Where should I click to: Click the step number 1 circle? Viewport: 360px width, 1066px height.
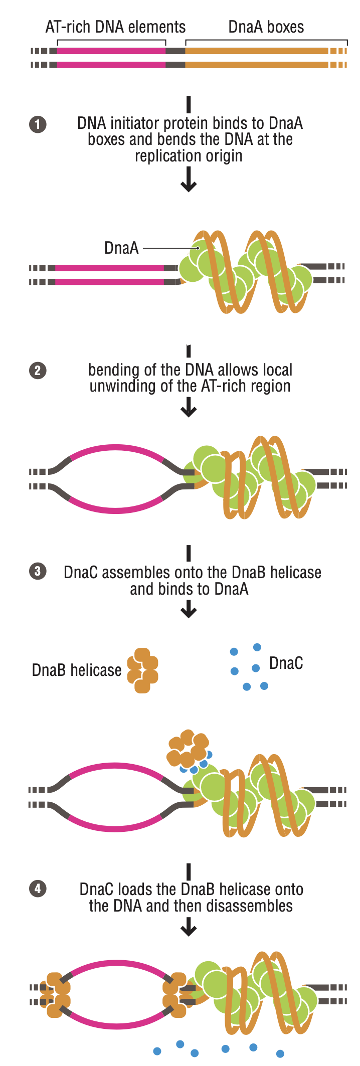coord(38,124)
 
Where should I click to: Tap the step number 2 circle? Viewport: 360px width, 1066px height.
coord(38,371)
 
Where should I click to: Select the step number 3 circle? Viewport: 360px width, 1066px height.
coord(38,571)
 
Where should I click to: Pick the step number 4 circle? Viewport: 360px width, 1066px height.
coord(38,889)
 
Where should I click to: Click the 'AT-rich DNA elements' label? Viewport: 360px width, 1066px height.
coord(115,27)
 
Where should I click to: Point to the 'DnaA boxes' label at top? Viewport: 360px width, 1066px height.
coord(266,27)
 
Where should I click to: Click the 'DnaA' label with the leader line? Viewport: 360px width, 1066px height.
coord(121,248)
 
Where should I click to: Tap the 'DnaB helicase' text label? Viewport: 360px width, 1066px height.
coord(76,670)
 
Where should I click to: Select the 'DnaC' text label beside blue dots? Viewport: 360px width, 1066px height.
coord(286,663)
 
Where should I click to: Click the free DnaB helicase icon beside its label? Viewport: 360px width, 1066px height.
coord(143,670)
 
